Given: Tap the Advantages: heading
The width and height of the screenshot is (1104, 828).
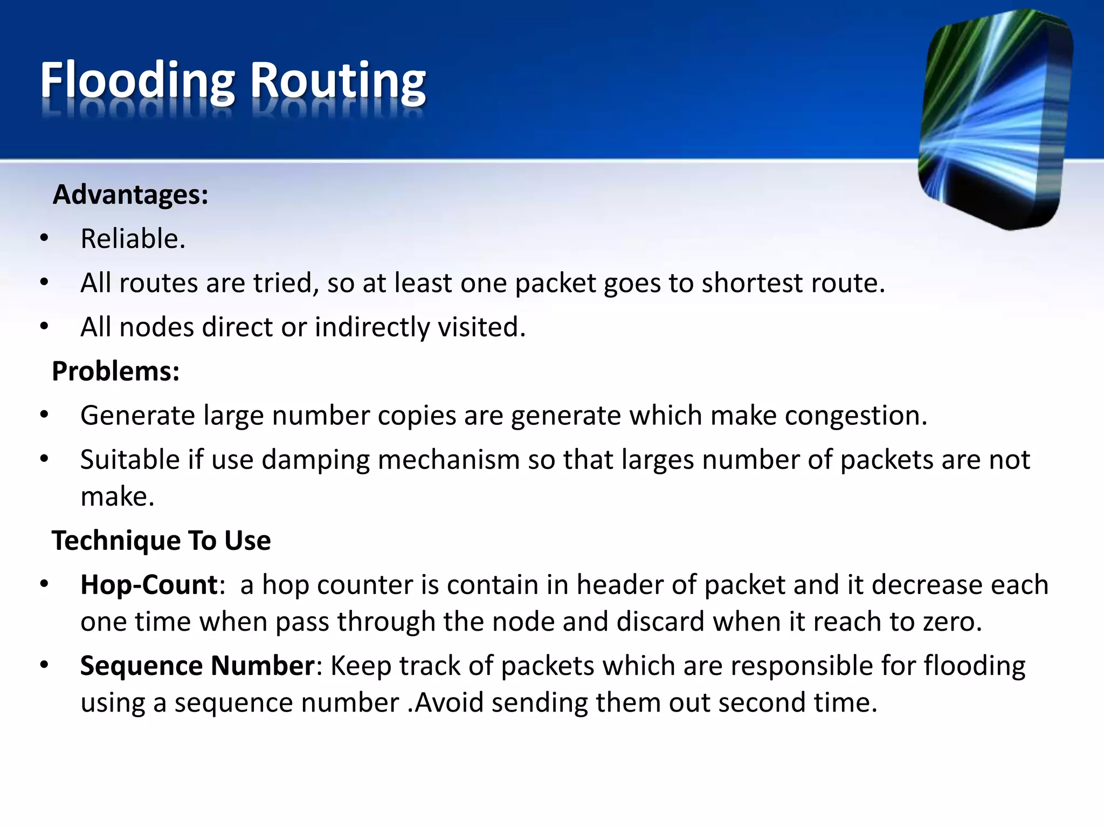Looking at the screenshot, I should [130, 195].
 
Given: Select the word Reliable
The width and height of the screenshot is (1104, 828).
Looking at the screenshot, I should [133, 239].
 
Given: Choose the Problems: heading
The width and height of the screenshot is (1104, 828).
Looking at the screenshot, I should [115, 371].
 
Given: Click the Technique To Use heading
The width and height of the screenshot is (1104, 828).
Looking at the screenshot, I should [161, 541].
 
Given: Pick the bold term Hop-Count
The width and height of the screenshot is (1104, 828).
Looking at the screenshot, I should [149, 585].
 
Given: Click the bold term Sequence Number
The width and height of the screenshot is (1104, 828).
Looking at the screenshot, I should [197, 666].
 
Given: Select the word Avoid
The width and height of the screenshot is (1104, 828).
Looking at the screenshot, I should [449, 702].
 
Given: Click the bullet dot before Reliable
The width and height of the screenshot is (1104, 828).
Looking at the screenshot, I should [44, 238].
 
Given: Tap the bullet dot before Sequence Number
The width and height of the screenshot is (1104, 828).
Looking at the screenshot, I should [44, 665].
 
